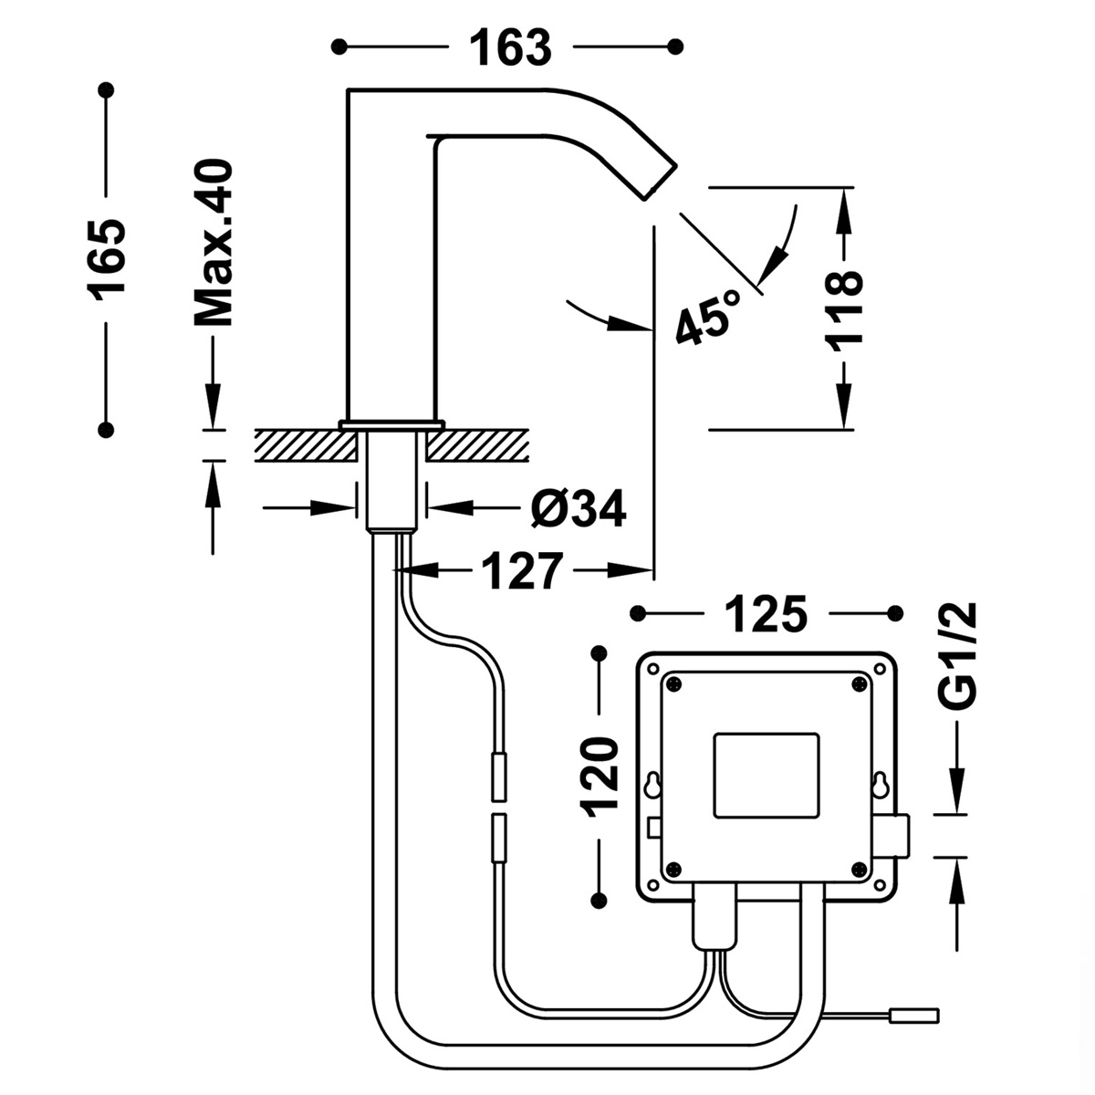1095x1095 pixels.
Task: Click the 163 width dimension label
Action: pyautogui.click(x=511, y=47)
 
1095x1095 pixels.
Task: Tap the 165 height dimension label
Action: pyautogui.click(x=107, y=259)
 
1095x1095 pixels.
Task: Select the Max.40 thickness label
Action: pyautogui.click(x=214, y=244)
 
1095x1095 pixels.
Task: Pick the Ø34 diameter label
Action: pyautogui.click(x=579, y=509)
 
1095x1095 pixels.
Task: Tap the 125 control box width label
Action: pyautogui.click(x=766, y=613)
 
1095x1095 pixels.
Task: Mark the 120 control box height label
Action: pyautogui.click(x=600, y=776)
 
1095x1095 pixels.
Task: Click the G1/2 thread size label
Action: pyautogui.click(x=957, y=655)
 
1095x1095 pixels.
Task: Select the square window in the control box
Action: pyautogui.click(x=766, y=775)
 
